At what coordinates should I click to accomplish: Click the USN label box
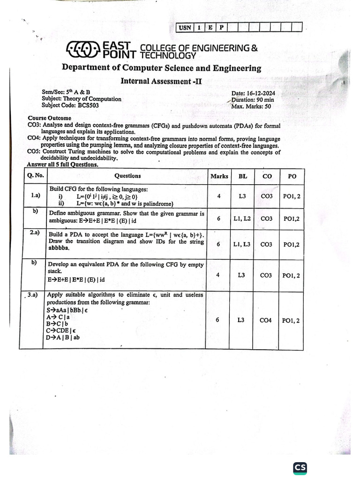185,27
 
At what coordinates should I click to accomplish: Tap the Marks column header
219,176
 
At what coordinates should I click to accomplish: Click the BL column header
242,176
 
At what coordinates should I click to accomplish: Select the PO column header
291,176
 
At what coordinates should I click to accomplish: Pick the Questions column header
127,176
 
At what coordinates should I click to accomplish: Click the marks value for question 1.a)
219,196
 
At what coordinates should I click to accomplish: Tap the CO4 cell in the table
266,321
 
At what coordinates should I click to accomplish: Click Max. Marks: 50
251,106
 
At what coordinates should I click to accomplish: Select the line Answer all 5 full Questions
62,165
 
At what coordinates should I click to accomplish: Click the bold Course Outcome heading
50,119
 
